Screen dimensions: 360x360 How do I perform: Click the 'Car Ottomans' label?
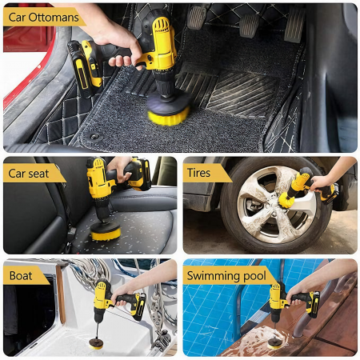coord(43,18)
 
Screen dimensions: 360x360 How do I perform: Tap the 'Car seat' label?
coord(29,174)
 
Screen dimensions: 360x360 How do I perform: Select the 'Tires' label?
coord(198,173)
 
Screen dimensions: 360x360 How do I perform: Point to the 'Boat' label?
coord(21,275)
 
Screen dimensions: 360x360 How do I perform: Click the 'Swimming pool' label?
coord(226,276)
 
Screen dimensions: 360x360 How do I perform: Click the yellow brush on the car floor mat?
coord(169,116)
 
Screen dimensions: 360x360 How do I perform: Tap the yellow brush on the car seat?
coord(106,234)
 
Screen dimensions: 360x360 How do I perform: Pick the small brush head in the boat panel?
coord(96,343)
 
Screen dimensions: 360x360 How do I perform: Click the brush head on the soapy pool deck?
coord(275,344)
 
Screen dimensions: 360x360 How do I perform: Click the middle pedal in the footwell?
coord(249,25)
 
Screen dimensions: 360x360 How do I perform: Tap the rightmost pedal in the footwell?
coord(294,25)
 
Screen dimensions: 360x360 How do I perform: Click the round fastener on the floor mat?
coord(94,137)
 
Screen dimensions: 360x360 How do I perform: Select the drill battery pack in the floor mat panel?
coord(84,67)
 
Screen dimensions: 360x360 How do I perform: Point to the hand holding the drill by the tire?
coord(322,183)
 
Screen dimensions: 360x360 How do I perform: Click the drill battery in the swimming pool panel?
coord(314,305)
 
